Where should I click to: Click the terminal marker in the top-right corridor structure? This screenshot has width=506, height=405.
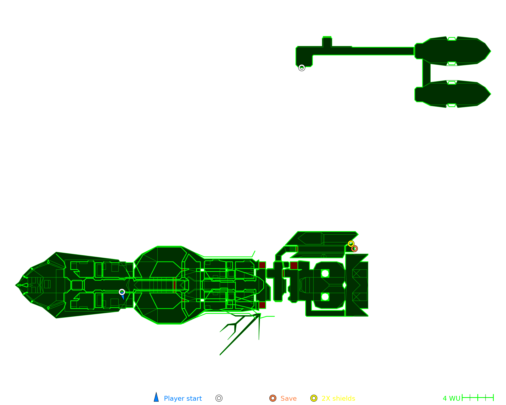point(302,68)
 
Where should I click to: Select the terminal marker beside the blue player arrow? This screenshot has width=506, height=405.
point(122,292)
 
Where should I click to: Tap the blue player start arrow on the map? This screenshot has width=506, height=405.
point(123,297)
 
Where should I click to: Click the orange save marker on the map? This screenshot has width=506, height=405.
point(354,249)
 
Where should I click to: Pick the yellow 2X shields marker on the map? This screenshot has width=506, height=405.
point(351,244)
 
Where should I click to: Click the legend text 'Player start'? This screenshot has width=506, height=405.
point(183,398)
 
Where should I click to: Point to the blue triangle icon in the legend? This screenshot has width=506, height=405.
point(156,398)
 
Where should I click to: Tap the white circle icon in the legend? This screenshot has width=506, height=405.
point(219,398)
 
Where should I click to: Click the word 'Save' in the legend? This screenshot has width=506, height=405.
point(288,398)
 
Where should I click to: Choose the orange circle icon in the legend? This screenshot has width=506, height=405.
point(273,398)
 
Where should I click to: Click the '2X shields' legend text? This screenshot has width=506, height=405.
point(338,398)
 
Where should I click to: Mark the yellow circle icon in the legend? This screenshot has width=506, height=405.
point(314,398)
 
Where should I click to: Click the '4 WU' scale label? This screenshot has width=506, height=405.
point(451,398)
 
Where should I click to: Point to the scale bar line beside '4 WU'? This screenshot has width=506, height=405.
point(478,398)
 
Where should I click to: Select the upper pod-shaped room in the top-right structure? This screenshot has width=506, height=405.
point(453,51)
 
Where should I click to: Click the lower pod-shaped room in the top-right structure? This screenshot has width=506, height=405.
point(453,94)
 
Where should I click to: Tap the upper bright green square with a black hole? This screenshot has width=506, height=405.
point(325,273)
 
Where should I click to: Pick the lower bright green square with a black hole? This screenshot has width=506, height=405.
point(325,297)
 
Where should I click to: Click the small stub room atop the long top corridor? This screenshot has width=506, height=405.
point(327,42)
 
